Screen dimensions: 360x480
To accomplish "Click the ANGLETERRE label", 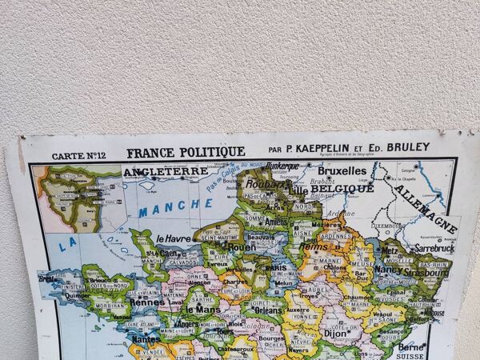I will (165, 170).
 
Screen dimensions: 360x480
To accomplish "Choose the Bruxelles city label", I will (342, 170).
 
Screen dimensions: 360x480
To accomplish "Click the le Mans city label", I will (202, 309).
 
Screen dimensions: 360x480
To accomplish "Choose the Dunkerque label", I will (282, 166).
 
